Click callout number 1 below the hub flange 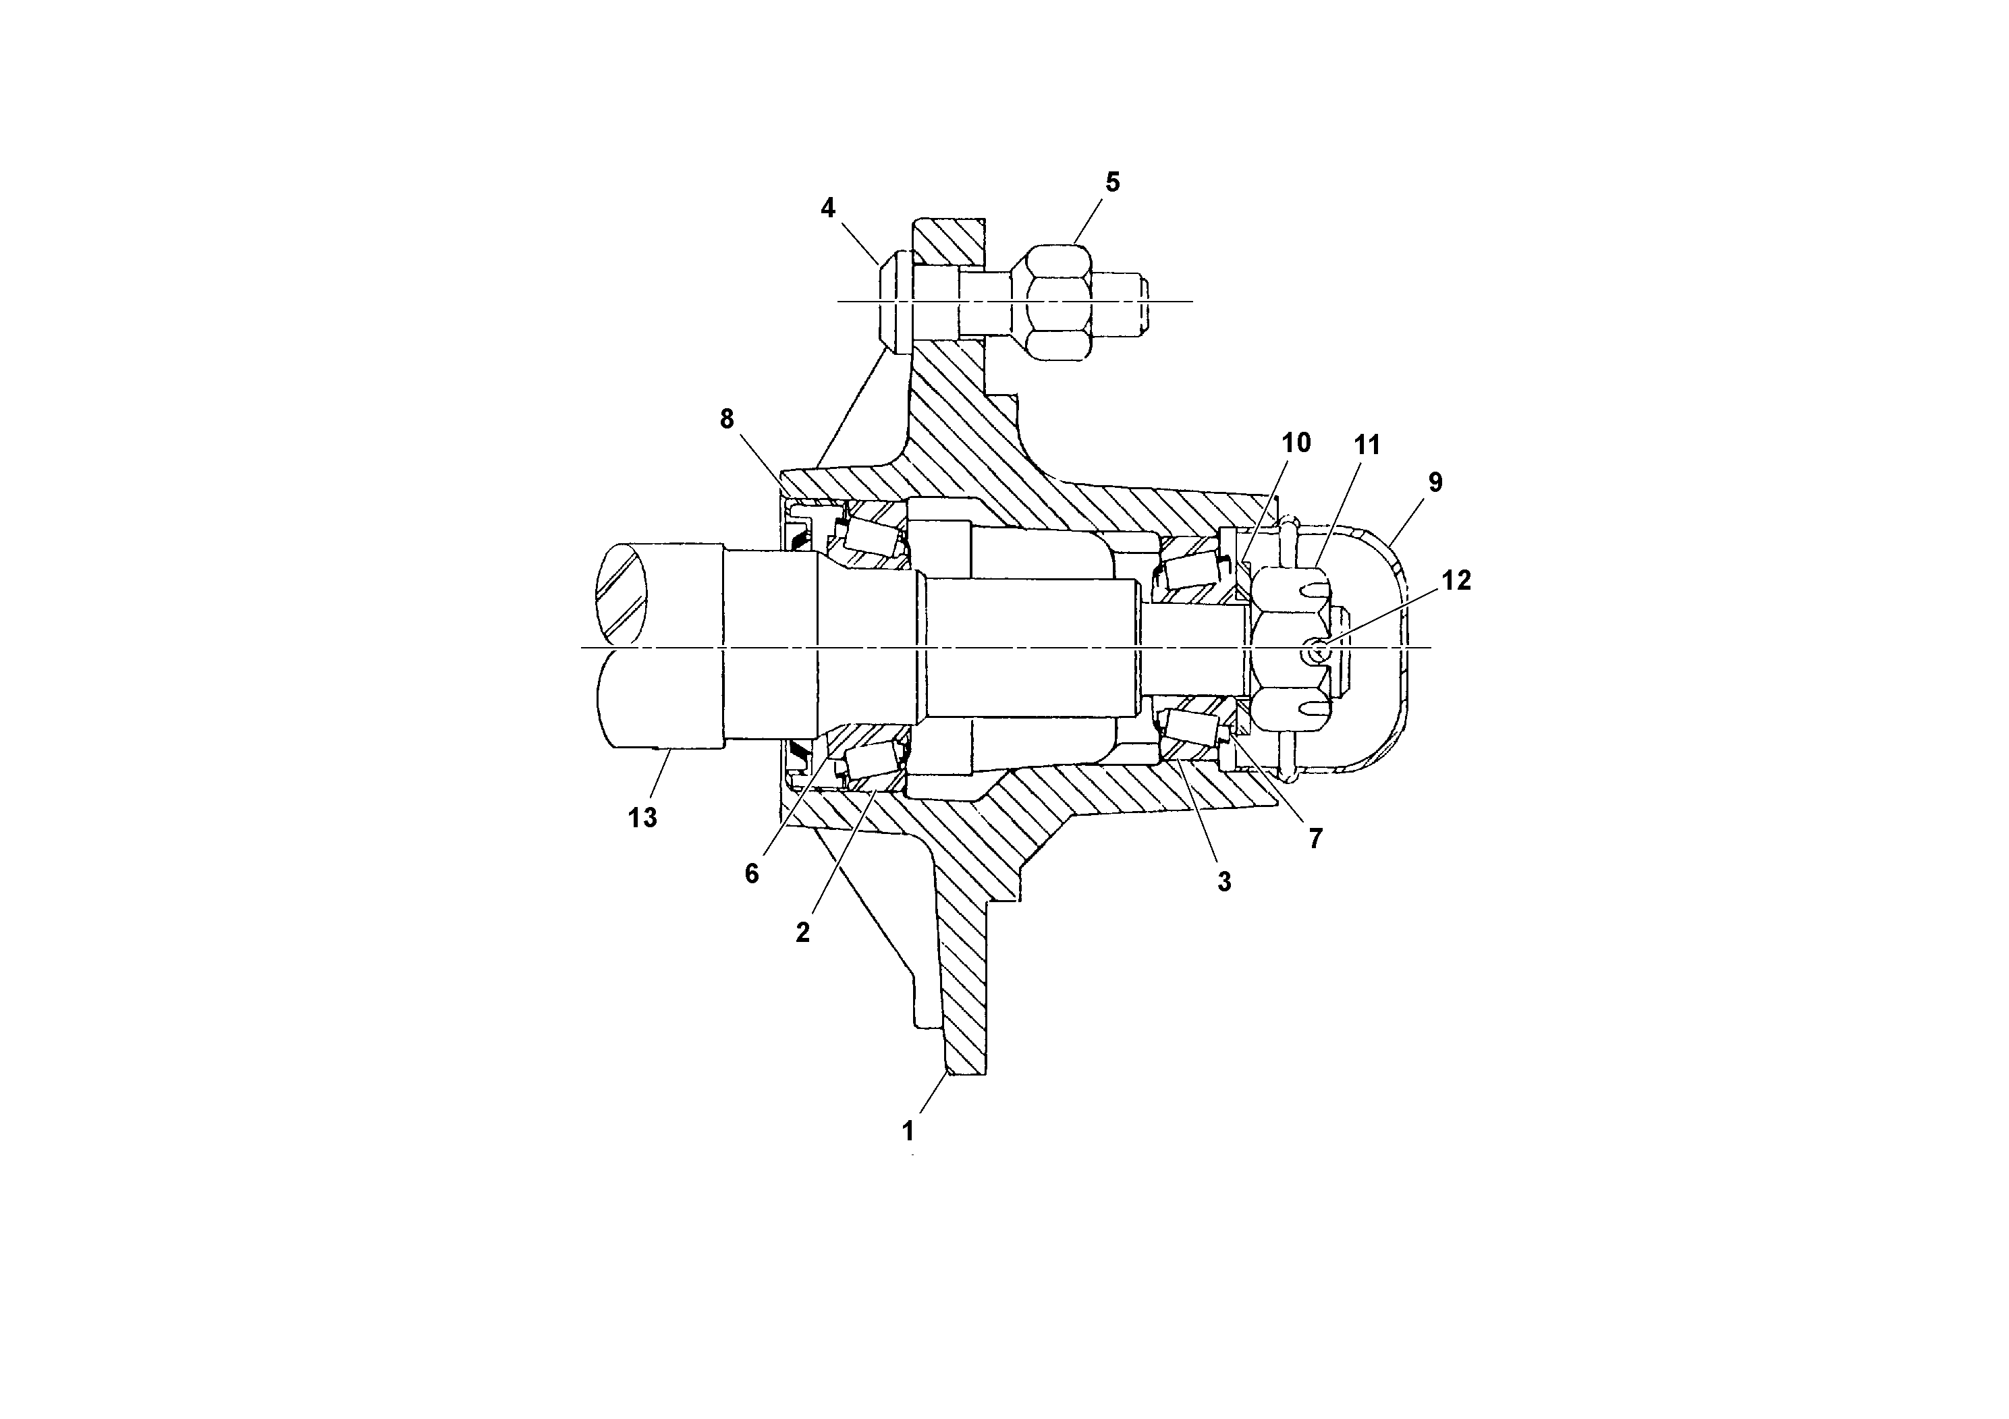[908, 1131]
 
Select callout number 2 [802, 933]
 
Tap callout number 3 [1224, 882]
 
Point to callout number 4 [828, 208]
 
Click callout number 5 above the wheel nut [1112, 182]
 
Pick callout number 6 [752, 873]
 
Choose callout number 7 [1315, 838]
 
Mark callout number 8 [727, 419]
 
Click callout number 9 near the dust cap [1435, 482]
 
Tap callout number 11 [1367, 445]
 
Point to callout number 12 [1456, 580]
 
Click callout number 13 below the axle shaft [642, 817]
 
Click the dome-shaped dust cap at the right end [1392, 647]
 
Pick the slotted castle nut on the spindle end [1290, 647]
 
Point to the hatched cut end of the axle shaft [623, 595]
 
